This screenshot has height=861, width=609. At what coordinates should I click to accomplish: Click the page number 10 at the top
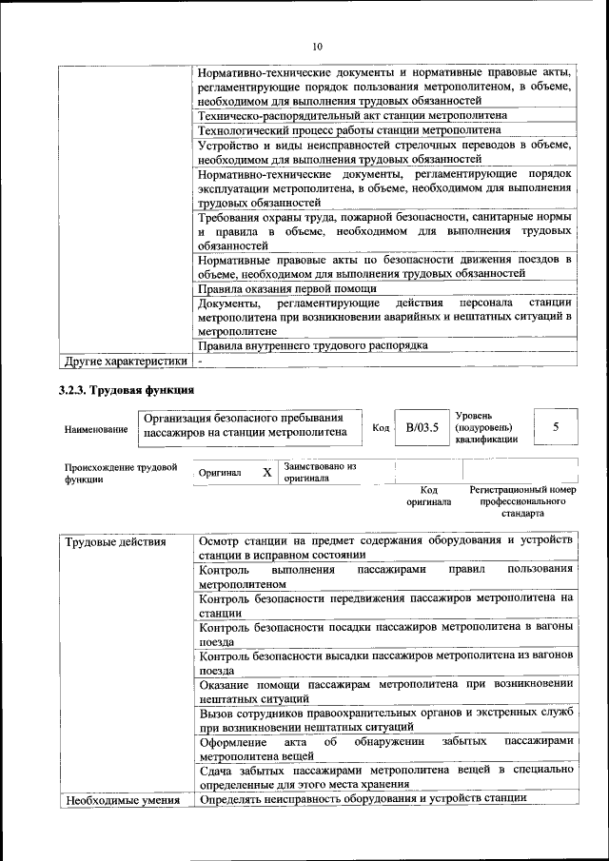[x=318, y=46]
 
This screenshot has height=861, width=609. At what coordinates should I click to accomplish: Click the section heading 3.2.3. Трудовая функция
[x=127, y=390]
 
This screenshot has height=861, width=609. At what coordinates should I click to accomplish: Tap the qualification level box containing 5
[x=555, y=427]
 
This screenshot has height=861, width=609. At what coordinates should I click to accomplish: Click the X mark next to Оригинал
[x=267, y=472]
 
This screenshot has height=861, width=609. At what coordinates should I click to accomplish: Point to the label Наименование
[x=96, y=429]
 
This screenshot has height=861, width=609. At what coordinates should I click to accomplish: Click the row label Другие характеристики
[x=124, y=362]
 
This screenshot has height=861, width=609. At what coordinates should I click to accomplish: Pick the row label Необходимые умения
[x=123, y=800]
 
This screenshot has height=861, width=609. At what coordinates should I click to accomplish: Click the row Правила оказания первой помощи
[x=286, y=288]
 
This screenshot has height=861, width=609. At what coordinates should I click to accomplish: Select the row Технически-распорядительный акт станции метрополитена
[x=352, y=115]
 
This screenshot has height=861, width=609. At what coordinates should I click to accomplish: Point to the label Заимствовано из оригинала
[x=320, y=472]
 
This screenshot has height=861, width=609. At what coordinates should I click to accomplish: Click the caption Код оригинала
[x=428, y=495]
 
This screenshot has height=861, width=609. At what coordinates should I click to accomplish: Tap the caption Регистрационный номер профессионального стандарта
[x=522, y=500]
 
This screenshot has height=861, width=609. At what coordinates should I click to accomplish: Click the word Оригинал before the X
[x=220, y=473]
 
